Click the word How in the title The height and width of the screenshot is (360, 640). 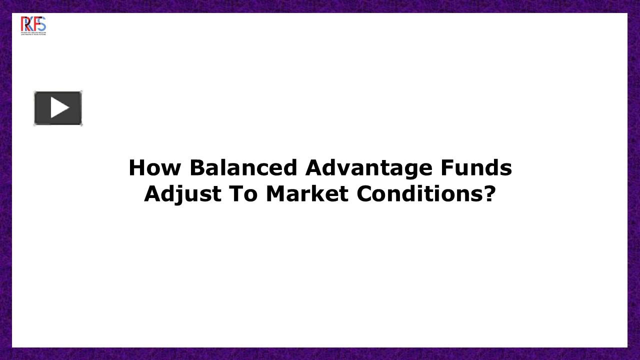(x=154, y=168)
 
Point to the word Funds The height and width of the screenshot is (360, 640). (x=476, y=168)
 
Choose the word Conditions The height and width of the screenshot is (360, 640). (x=419, y=194)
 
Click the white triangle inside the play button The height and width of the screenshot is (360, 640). (x=59, y=108)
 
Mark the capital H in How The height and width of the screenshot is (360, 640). (x=136, y=168)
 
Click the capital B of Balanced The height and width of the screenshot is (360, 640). (x=196, y=168)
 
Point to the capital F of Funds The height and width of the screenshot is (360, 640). (x=446, y=168)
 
